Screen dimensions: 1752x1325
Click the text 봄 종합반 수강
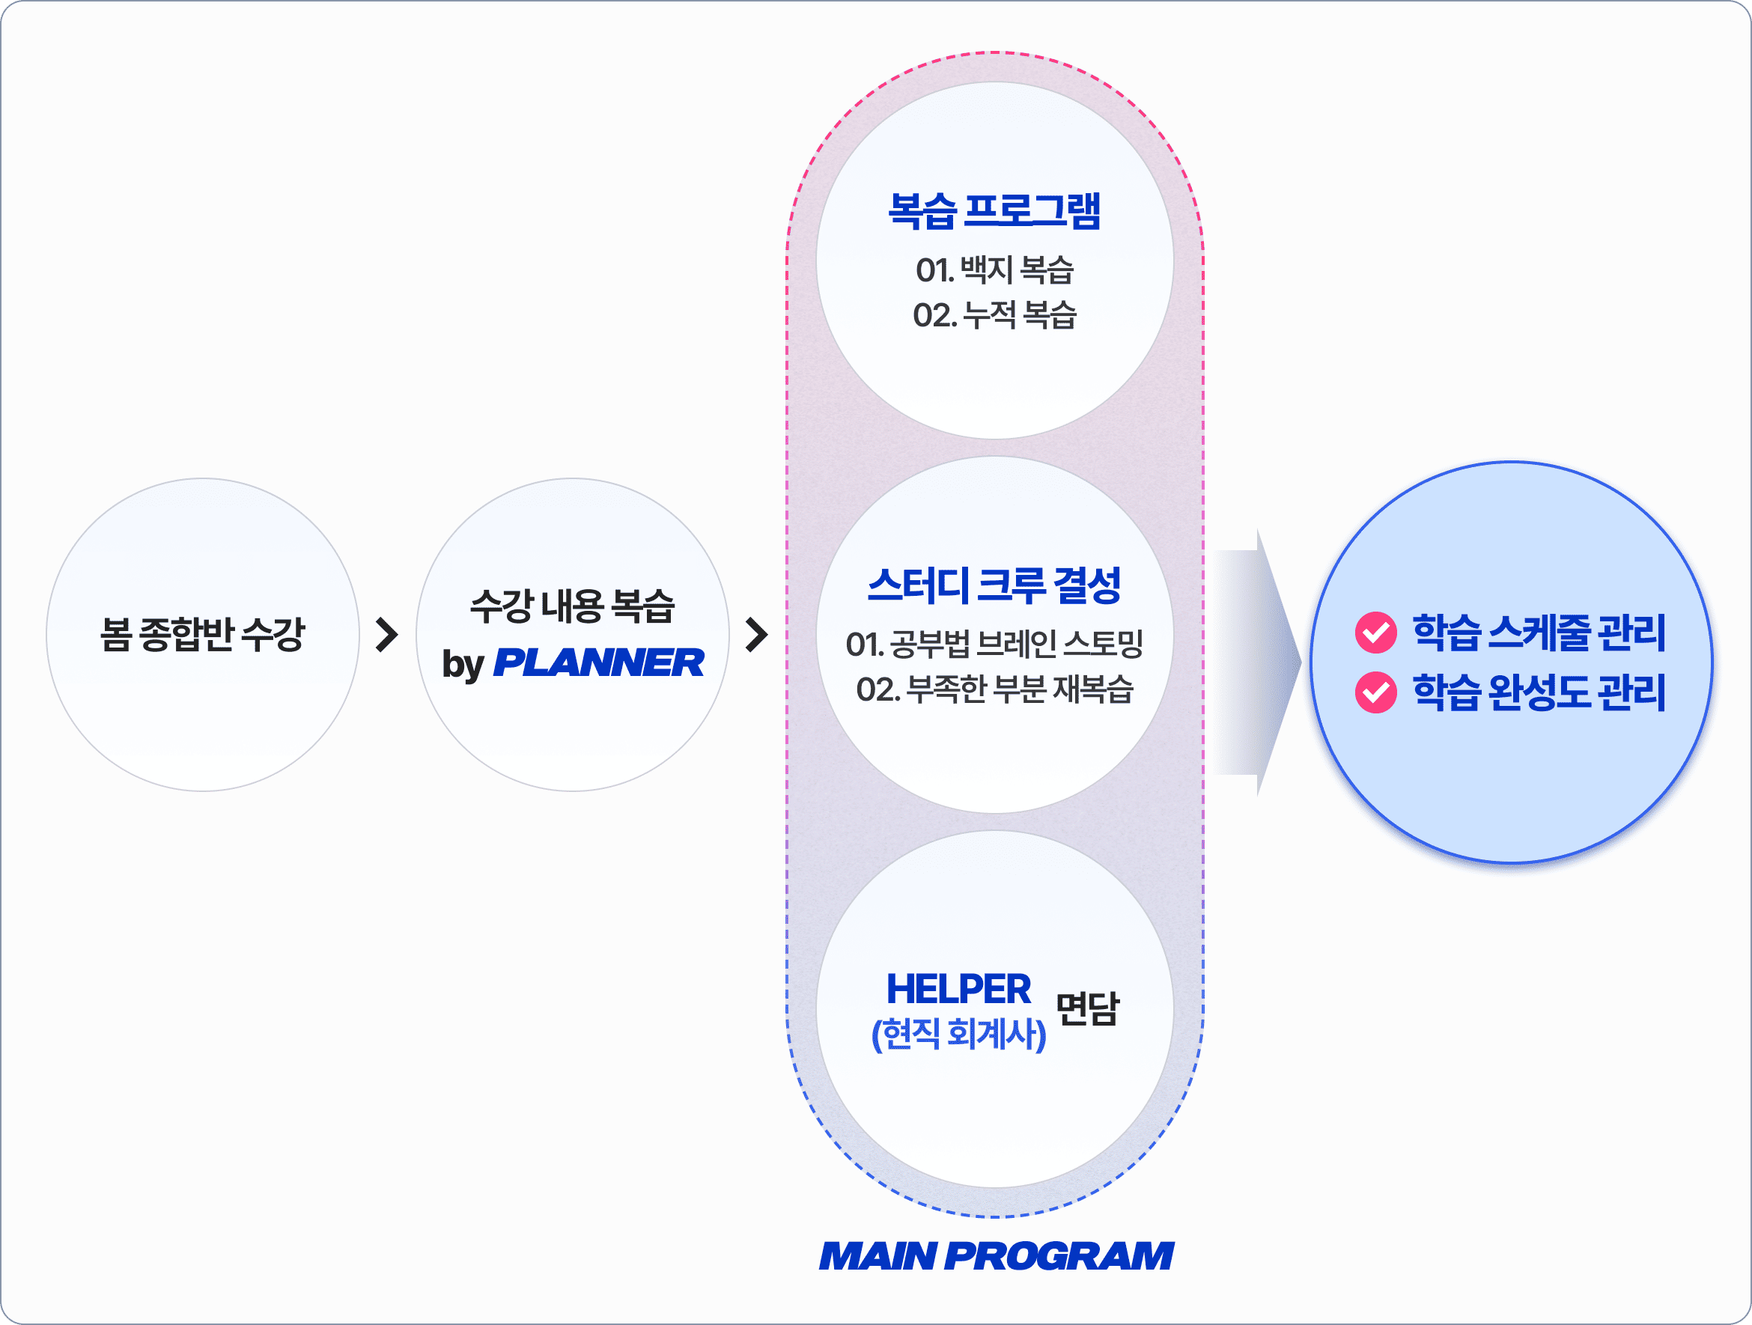click(202, 633)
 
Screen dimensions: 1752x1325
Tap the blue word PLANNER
click(598, 663)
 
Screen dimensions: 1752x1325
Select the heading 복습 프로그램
click(994, 210)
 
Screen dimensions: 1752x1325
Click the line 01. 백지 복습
click(994, 270)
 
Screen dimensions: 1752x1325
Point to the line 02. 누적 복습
click(994, 315)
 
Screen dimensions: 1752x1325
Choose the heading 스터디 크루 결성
click(994, 585)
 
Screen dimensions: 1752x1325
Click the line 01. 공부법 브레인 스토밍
click(994, 644)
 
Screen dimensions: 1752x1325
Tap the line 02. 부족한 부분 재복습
click(994, 689)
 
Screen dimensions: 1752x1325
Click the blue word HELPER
click(958, 988)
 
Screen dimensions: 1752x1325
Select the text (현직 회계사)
click(958, 1034)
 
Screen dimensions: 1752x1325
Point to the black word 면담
click(1087, 1009)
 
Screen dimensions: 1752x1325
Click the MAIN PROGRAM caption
click(996, 1256)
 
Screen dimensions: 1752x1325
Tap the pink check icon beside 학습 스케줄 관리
click(1376, 632)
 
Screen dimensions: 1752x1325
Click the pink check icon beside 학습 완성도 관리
click(1376, 692)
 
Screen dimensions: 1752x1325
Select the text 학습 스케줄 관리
click(1539, 632)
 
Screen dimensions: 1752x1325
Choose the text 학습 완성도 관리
click(1539, 692)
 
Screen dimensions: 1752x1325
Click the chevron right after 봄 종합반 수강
click(386, 634)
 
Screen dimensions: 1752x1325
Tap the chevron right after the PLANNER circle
click(756, 634)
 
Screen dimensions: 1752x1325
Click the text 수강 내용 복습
click(572, 606)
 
